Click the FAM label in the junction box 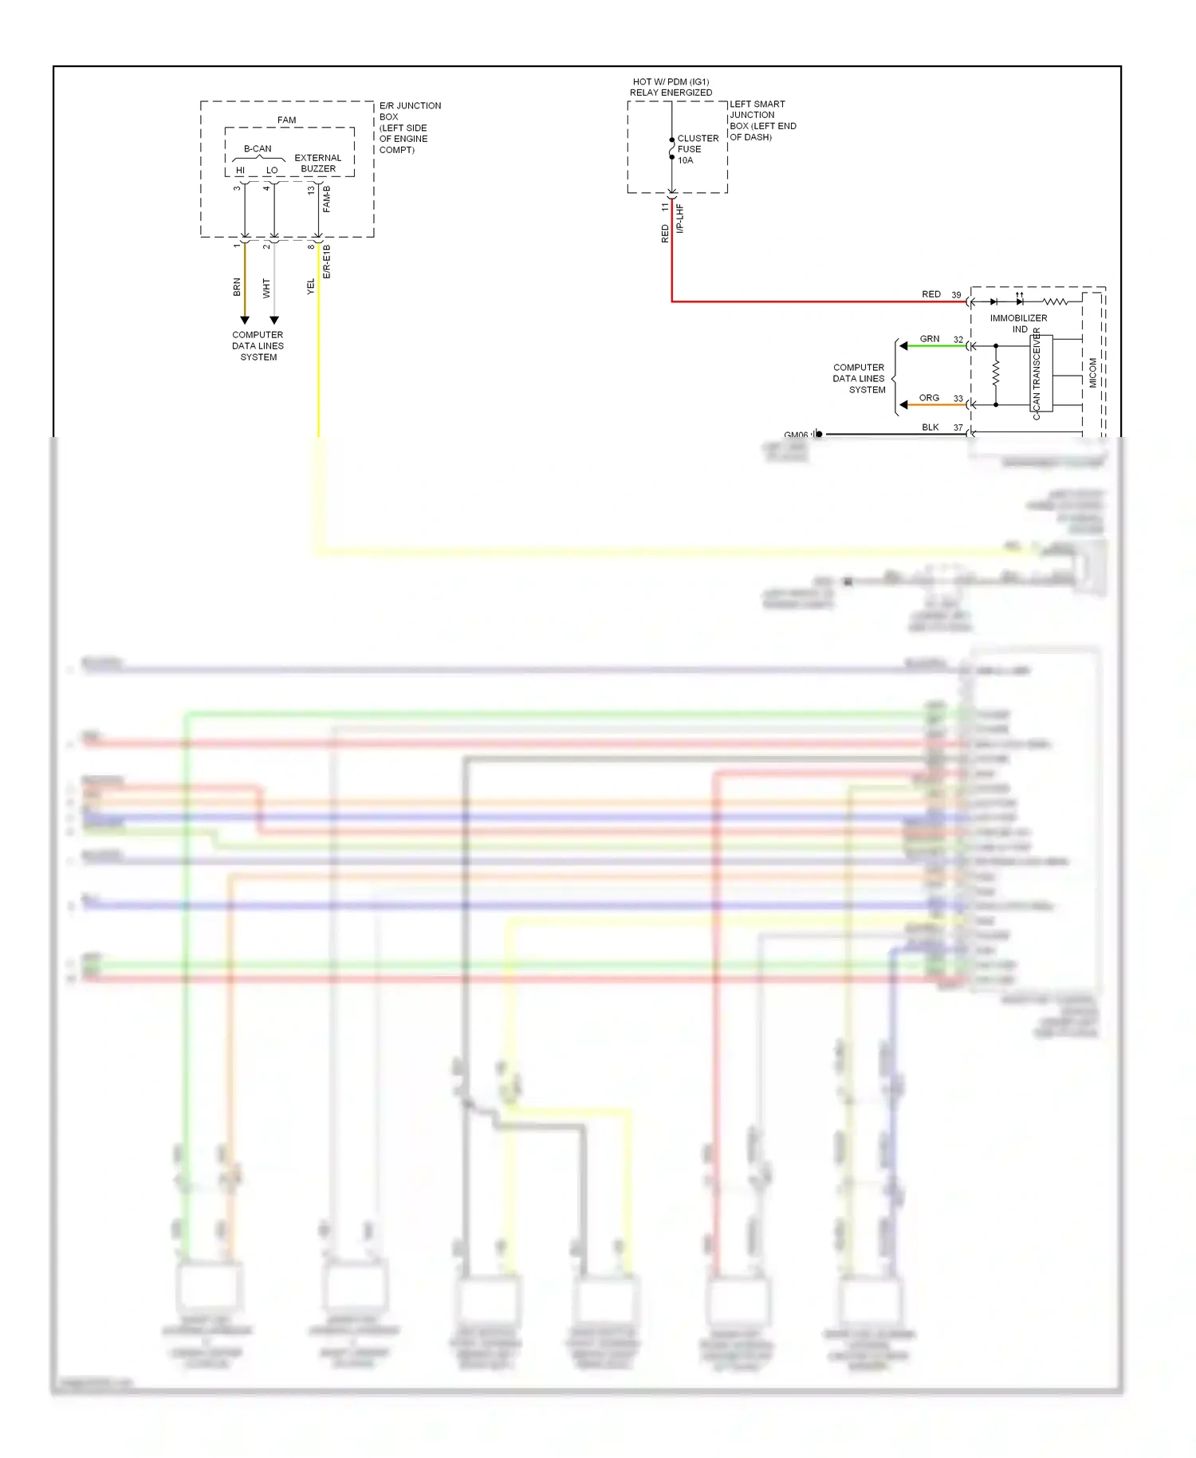pos(286,120)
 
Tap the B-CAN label pos(258,149)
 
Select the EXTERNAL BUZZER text pos(318,164)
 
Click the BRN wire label pos(237,287)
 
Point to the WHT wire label pos(266,288)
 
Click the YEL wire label pos(311,286)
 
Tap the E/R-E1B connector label pos(327,262)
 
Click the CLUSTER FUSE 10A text pos(697,149)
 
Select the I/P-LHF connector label pos(680,218)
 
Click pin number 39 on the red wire pos(956,295)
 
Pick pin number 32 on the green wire pos(958,340)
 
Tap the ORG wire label pos(929,398)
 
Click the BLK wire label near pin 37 pos(930,428)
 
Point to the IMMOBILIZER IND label pos(1018,323)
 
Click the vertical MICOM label pos(1093,372)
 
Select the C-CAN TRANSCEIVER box pos(1041,373)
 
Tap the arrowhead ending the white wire pos(274,320)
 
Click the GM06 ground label pos(796,435)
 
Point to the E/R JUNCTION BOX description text pos(409,128)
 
